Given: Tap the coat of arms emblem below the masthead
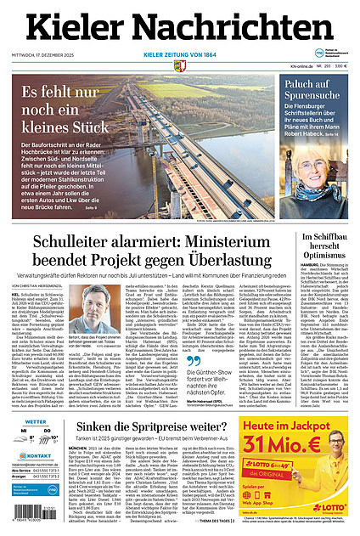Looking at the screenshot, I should (180, 61).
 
